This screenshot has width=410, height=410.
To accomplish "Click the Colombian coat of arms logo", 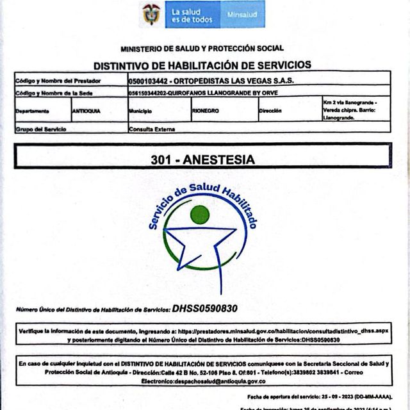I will tap(151, 14).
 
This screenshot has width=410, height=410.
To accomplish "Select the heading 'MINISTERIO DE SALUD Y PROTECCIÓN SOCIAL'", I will tap(202, 48).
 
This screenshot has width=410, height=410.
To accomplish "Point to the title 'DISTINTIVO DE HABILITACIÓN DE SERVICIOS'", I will tap(202, 65).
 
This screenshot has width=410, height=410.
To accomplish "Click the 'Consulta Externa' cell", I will tap(151, 128).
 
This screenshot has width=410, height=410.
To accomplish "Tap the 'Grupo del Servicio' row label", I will tap(41, 129).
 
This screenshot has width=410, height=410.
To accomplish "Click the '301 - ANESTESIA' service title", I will tap(202, 160).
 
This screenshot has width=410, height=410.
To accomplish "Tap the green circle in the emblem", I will tap(199, 214).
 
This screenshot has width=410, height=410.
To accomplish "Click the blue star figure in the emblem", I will tap(200, 247).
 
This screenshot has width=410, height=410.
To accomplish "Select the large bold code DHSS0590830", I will tap(204, 308).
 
